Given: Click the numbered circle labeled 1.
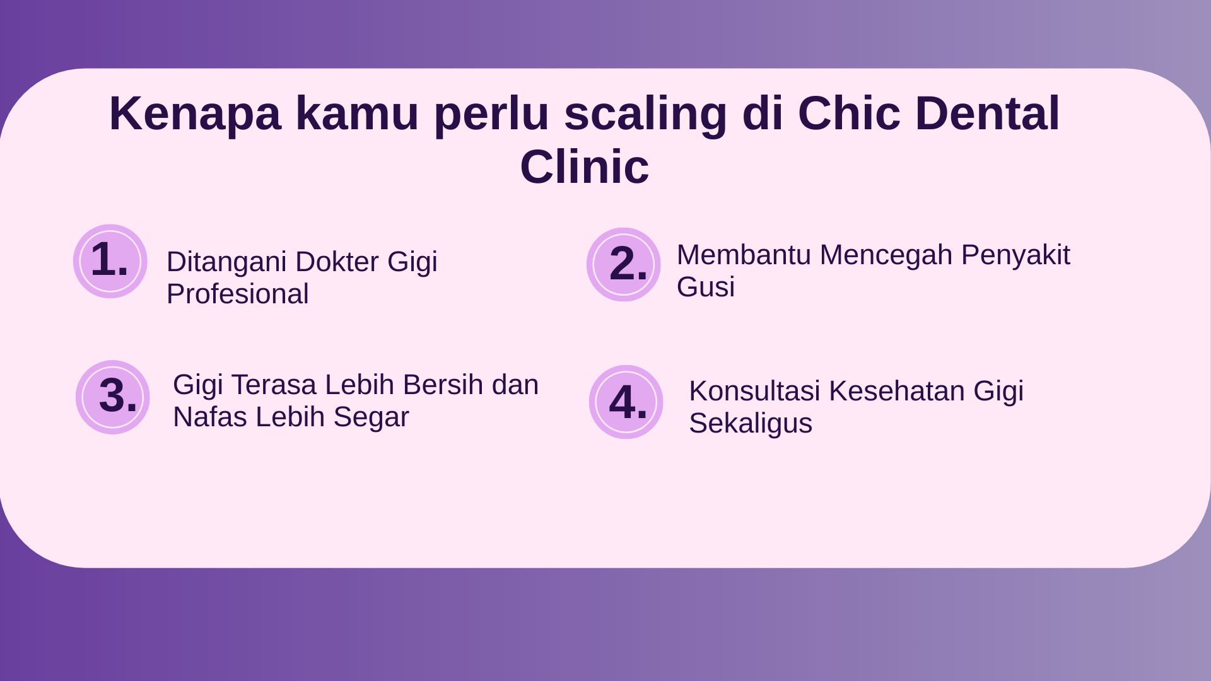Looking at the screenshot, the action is pos(110,261).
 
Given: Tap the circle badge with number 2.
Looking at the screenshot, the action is pos(624,264).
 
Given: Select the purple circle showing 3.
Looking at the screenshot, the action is pos(113,397).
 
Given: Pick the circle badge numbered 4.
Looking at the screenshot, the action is pos(626,402).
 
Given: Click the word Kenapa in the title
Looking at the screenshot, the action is pos(195,113).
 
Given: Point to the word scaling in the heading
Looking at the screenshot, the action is pos(645,113).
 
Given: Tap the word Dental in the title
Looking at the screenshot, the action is pos(987,113).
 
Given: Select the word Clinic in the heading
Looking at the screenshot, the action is pos(585,166).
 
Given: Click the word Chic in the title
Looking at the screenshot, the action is pos(849,113).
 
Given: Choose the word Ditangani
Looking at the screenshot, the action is pos(227,262).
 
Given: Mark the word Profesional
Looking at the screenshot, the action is pos(238,294).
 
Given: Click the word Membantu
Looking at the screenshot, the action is pos(744,255).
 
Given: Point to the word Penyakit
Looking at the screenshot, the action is pos(1015,255).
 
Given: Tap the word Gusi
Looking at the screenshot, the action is pos(706,287).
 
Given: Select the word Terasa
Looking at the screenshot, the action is pos(274,385).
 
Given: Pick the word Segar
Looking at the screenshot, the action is pos(371,417).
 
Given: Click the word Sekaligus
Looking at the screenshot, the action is pos(751,423).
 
